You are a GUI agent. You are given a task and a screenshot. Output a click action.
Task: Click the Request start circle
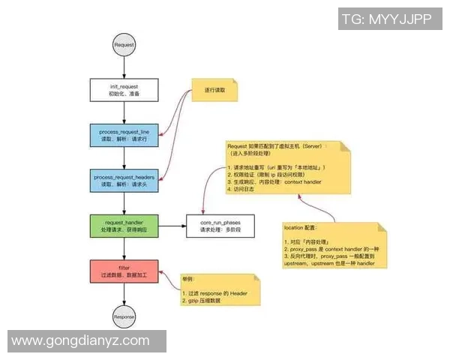[124, 45]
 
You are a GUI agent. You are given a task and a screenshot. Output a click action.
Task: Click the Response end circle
[124, 316]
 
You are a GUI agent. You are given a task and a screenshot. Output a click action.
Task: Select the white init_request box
[124, 90]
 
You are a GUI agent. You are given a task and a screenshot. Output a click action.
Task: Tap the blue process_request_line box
[124, 135]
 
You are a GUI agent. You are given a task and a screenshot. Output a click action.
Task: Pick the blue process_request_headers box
[124, 180]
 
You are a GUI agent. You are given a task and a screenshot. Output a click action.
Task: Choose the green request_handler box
[124, 224]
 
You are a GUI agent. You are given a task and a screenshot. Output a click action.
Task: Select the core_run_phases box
[219, 224]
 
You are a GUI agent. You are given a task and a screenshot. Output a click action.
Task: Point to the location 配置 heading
[301, 226]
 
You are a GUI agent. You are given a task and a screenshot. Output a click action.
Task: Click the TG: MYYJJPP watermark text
[385, 20]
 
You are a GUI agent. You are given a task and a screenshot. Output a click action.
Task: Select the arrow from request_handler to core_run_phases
[172, 224]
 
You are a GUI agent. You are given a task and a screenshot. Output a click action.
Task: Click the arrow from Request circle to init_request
[124, 67]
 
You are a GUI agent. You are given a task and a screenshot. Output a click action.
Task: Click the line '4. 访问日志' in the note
[245, 190]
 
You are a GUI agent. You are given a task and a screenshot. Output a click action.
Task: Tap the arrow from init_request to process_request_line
[124, 112]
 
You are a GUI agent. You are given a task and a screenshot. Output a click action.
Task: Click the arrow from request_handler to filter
[124, 247]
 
